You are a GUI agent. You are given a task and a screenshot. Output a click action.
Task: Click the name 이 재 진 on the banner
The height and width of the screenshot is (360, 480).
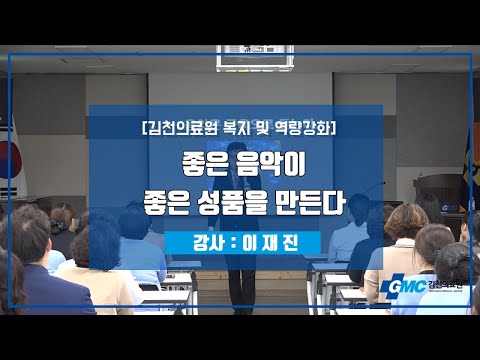(x=270, y=243)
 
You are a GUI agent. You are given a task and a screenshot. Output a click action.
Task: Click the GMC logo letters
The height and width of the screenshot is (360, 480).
(x=408, y=286)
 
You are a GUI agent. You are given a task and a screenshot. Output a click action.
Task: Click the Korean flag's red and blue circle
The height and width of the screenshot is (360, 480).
(x=10, y=159)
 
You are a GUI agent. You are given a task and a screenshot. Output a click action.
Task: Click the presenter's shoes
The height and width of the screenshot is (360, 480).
(x=244, y=311)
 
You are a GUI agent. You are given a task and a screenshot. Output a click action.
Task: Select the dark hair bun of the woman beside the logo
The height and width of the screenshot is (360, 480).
(x=457, y=258)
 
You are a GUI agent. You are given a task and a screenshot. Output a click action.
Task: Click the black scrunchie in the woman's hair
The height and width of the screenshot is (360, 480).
(x=59, y=227)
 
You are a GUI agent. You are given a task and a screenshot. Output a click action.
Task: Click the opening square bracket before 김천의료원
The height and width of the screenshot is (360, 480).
(x=144, y=128)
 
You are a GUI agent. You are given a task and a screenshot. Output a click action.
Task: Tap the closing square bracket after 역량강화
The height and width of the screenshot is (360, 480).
(x=333, y=128)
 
